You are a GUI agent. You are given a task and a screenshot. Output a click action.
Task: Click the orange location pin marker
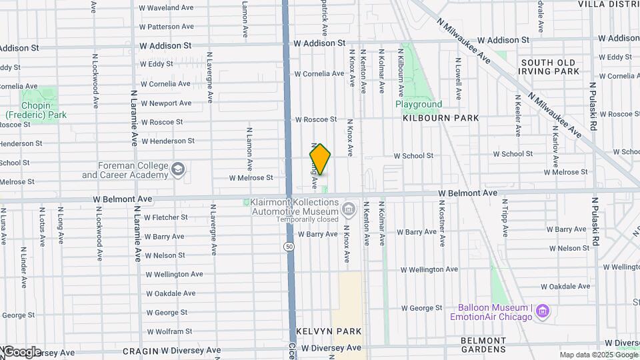pos(320,159)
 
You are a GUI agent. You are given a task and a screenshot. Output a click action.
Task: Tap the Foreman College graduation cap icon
pos(178,169)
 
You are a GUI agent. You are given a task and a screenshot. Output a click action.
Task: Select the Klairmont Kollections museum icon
pos(348,211)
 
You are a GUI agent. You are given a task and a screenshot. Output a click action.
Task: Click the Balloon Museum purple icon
pos(543,311)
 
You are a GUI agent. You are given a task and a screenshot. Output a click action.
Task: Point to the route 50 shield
pos(289,247)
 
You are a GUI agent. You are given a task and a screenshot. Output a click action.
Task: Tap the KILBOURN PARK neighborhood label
pos(441,118)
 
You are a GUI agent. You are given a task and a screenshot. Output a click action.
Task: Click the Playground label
pos(419,105)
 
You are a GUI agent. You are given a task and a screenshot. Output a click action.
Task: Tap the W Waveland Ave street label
pos(166,8)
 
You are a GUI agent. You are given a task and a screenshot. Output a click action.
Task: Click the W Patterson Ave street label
pos(166,27)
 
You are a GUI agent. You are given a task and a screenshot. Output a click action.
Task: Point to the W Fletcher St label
pos(166,217)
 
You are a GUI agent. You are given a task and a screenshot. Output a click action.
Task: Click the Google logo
pos(21,352)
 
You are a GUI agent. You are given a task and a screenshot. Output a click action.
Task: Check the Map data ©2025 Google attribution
pos(599,355)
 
